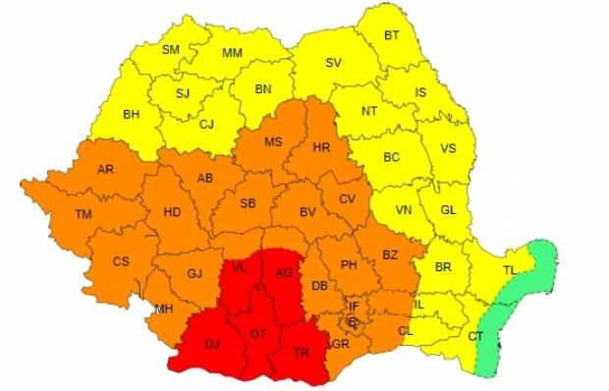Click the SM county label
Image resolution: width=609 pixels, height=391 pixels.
171,49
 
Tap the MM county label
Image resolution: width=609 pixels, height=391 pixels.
232,53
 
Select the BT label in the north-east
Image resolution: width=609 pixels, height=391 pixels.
392,35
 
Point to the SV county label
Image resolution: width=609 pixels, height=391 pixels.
333,62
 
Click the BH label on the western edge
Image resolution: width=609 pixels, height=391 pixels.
131,114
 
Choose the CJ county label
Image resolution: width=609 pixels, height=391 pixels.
206,124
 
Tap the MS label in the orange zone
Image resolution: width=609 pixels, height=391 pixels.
273,141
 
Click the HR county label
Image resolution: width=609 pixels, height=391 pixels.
320,147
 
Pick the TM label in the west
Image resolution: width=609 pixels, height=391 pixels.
83,214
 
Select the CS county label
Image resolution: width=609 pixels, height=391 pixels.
121,261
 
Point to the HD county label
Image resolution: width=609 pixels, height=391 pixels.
172,212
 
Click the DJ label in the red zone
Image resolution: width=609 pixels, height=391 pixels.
212,344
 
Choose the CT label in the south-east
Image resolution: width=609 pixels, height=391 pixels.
475,336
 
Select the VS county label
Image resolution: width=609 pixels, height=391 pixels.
448,149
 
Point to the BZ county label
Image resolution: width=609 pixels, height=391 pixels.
390,255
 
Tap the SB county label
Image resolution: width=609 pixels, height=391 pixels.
248,203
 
